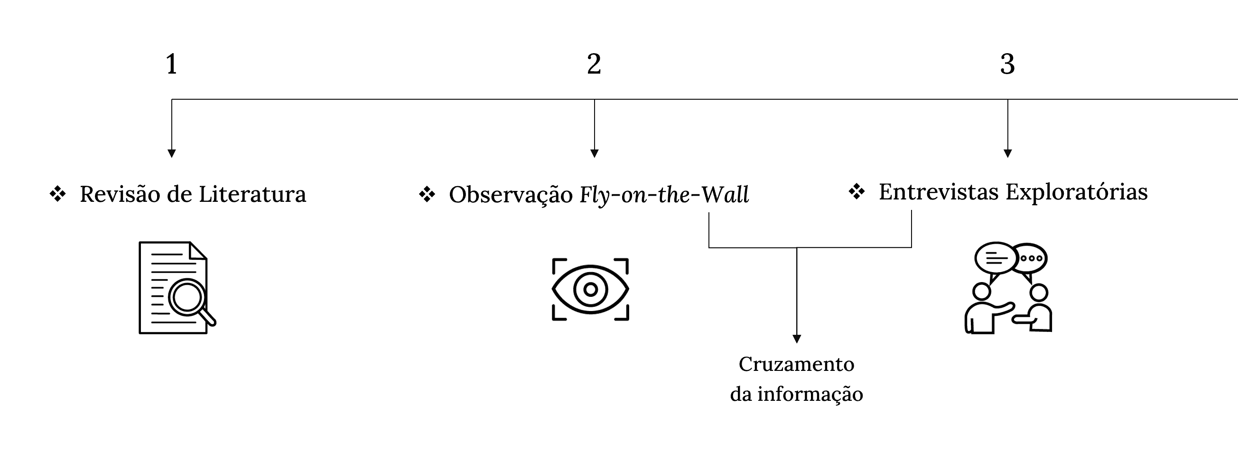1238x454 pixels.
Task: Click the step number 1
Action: pos(172,64)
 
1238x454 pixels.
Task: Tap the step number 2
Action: pos(594,64)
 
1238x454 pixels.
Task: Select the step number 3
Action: pos(1007,64)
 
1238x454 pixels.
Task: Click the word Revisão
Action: pos(120,194)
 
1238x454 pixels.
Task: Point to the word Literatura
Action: pos(252,194)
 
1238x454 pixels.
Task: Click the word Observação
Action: pos(511,195)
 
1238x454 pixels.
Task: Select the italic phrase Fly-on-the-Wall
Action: pos(664,195)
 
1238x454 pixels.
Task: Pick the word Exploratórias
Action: pos(1077,192)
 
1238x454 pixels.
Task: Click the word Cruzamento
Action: pos(796,364)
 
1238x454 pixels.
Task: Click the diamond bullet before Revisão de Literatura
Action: pos(58,194)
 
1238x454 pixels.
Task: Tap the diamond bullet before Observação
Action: pos(427,195)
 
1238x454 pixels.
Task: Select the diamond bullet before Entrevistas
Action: pos(856,191)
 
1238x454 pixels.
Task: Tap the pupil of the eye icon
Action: pos(590,290)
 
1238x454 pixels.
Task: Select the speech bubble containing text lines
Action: pos(996,258)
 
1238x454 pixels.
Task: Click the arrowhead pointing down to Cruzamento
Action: pos(796,339)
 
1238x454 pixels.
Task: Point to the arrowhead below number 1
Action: pos(172,153)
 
